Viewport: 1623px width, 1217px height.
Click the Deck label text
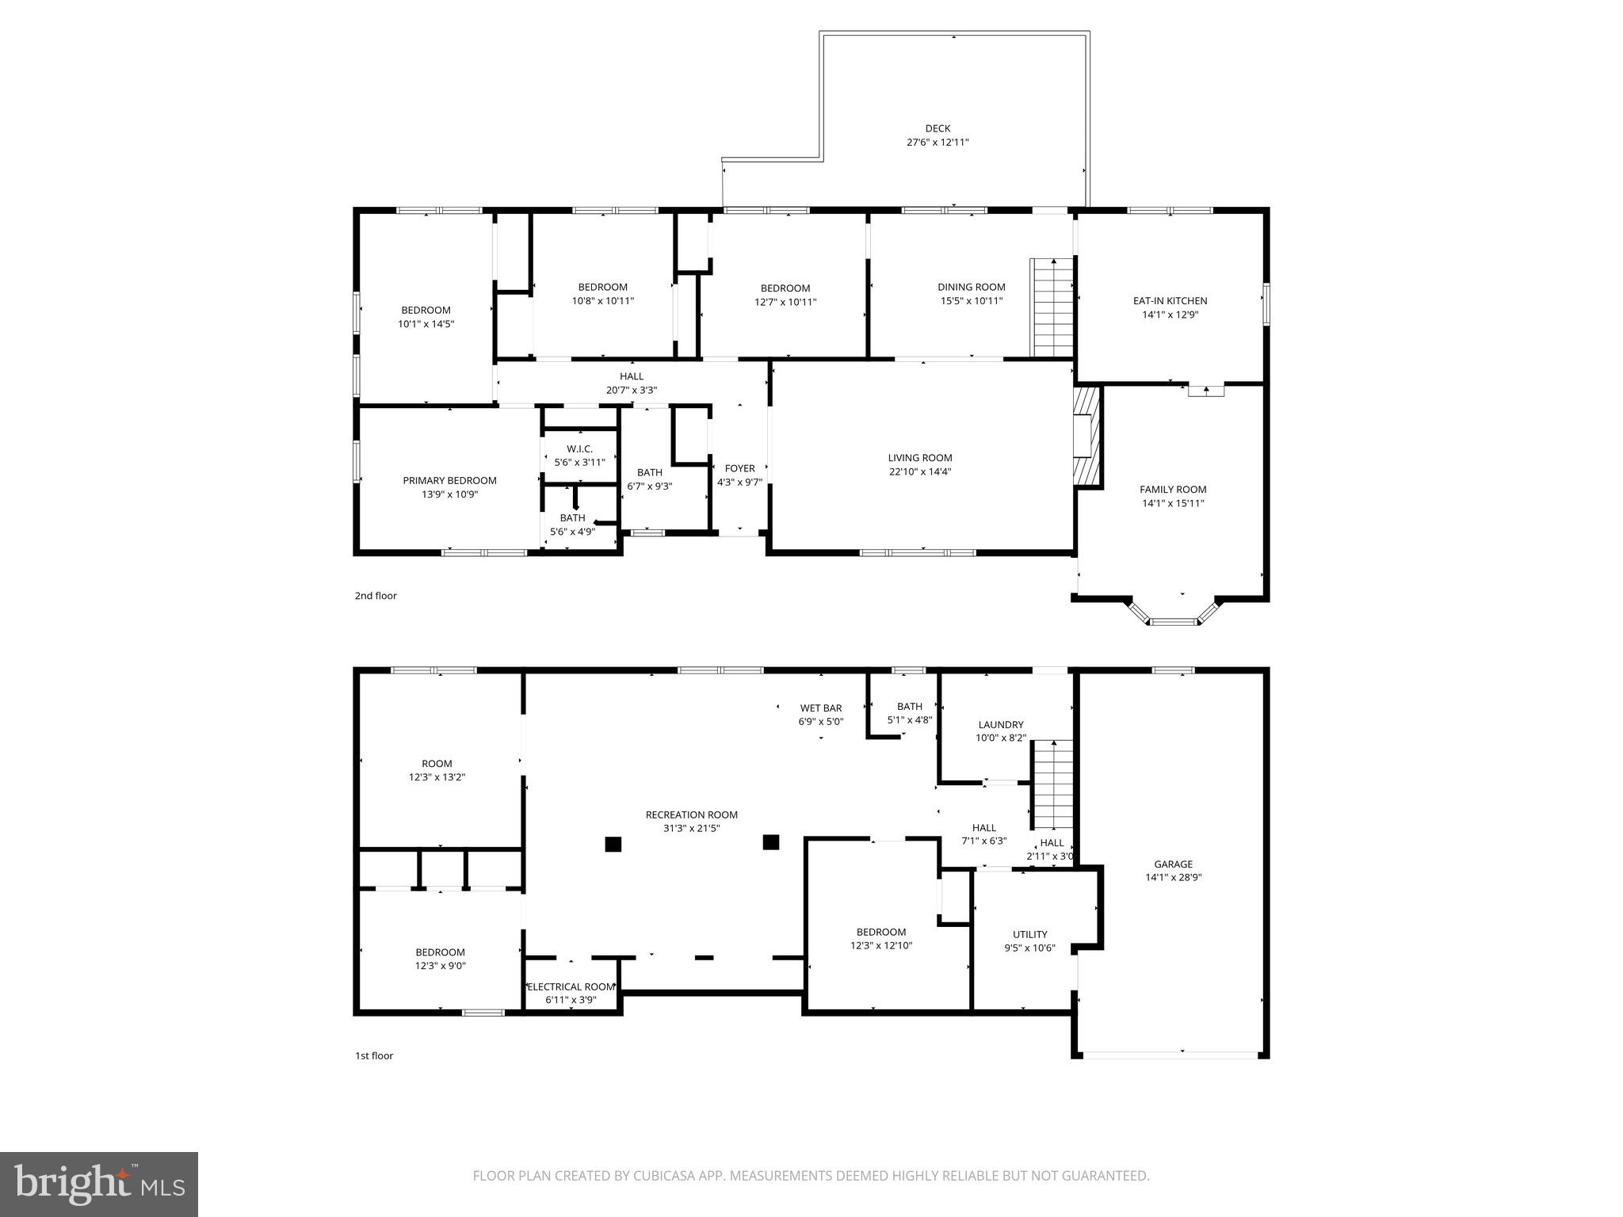tap(938, 128)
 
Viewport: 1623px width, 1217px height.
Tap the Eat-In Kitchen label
tap(1170, 301)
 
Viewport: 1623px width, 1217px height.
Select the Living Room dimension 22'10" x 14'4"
tap(919, 471)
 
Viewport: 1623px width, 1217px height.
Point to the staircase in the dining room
tap(1052, 307)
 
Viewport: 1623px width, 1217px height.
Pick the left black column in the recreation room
tap(613, 844)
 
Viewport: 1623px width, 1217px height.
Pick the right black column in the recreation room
tap(770, 842)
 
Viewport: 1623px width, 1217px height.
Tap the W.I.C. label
tap(579, 449)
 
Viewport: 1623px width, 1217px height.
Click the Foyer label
tap(739, 468)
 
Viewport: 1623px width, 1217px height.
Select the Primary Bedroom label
tap(449, 481)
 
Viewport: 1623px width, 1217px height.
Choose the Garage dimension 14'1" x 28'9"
tap(1173, 877)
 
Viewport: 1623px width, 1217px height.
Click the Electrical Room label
tap(571, 986)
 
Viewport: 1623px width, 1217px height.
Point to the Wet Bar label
tap(820, 708)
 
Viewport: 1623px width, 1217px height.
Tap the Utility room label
tap(1029, 934)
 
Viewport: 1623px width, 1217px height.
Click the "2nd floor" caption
tap(376, 596)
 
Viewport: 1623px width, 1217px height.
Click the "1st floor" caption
tap(374, 1055)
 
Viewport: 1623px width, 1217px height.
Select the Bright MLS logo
tap(99, 1184)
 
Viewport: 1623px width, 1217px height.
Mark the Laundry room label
tap(1001, 724)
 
